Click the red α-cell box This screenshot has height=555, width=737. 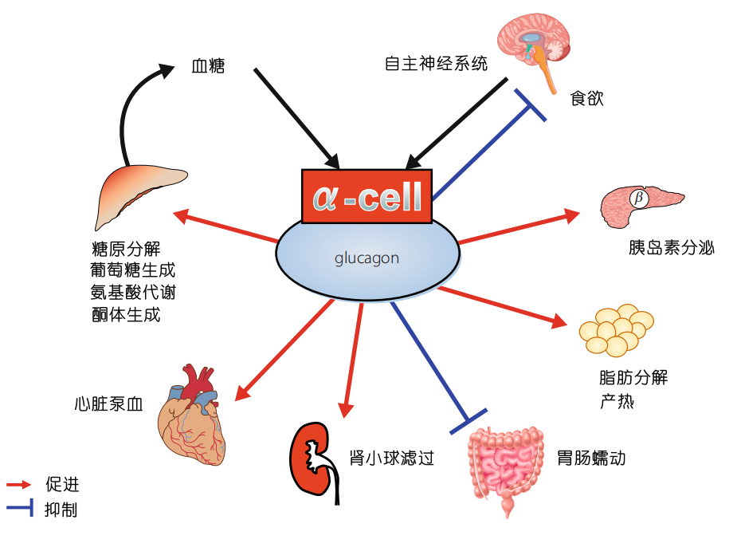367,196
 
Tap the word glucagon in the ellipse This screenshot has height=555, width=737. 367,258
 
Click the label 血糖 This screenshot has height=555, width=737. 209,66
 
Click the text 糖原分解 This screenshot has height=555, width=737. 126,248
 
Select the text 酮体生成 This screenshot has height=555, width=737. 126,315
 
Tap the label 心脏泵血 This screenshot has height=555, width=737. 107,403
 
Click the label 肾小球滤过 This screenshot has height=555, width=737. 392,459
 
